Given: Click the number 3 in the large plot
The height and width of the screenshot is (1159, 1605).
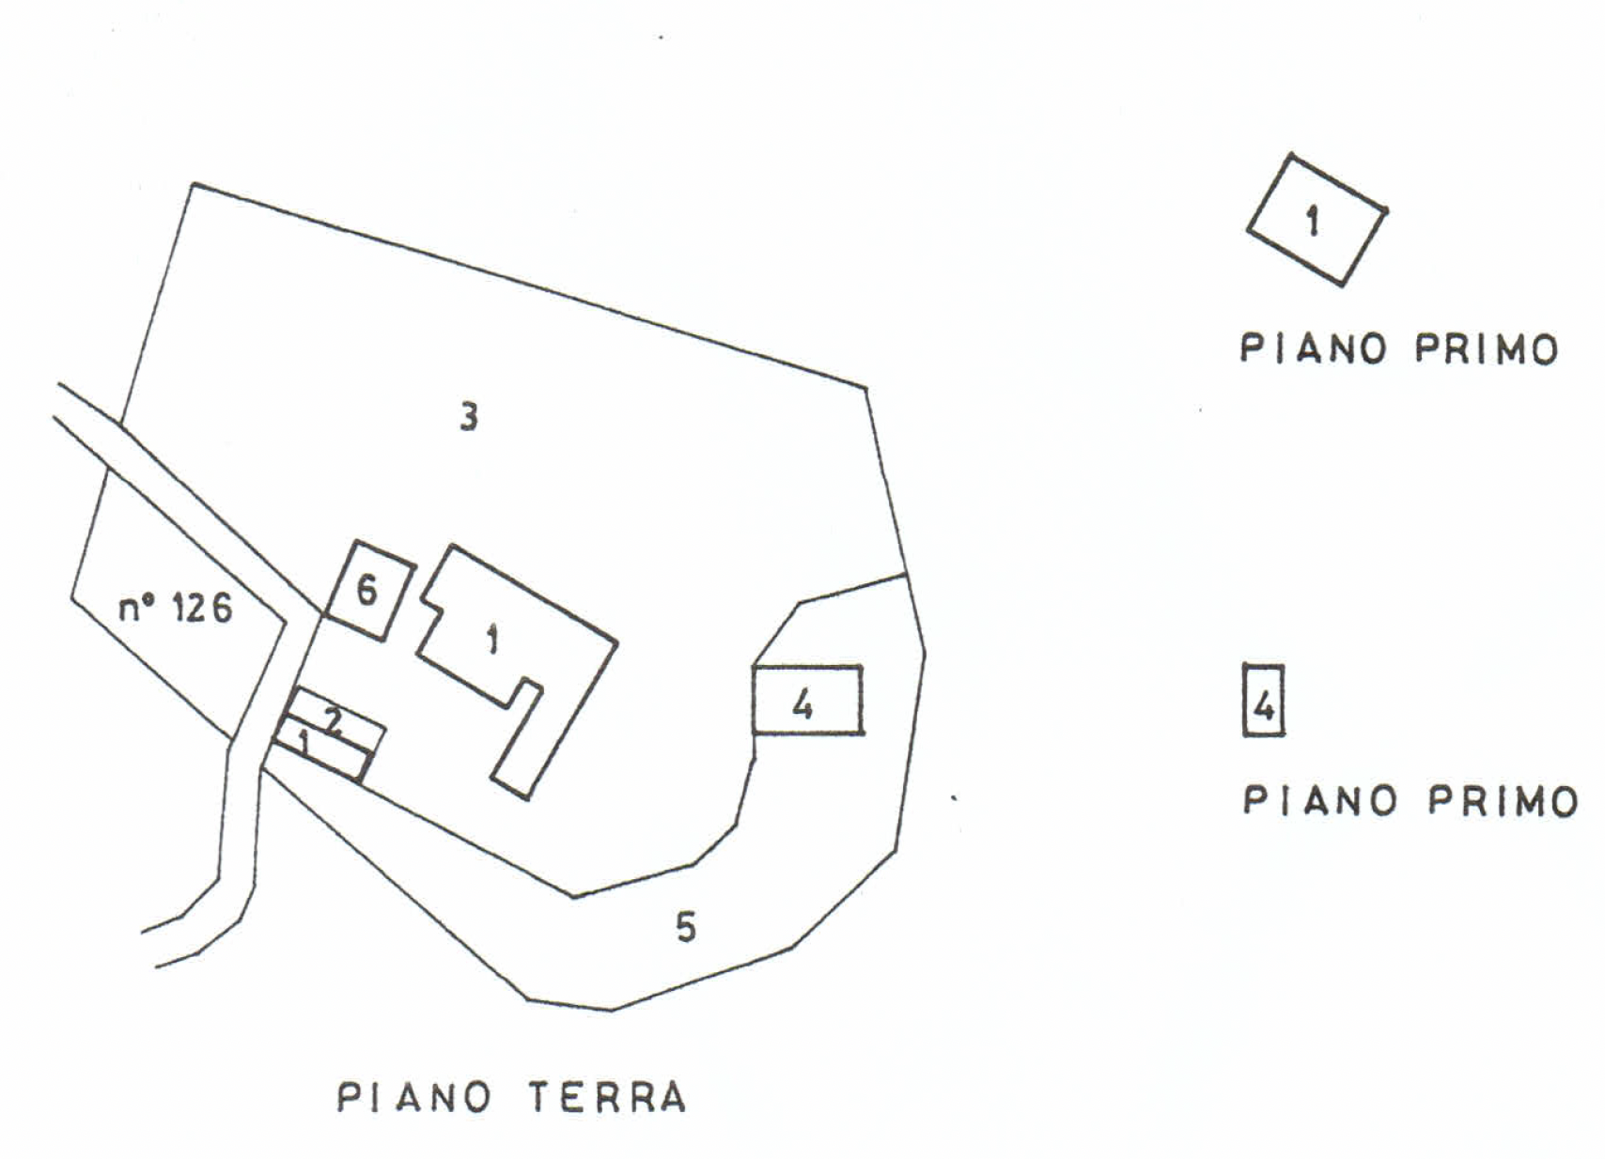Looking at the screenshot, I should click(x=468, y=416).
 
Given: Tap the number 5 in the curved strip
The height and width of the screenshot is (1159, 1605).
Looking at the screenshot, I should click(x=686, y=927).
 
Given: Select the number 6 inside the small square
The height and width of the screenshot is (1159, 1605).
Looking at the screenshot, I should click(x=366, y=591).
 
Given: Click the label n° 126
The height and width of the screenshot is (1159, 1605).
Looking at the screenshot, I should click(x=175, y=609).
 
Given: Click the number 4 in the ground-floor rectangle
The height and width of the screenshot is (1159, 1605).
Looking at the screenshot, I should click(x=802, y=703).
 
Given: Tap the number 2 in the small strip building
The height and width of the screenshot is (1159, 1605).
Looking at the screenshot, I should click(x=334, y=720).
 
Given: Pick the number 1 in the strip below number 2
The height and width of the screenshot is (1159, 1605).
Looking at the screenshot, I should click(x=304, y=743).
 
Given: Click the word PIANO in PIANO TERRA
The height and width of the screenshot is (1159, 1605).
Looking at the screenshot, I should click(x=413, y=1097).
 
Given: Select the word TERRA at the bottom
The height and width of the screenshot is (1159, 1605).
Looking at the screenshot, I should click(x=607, y=1097).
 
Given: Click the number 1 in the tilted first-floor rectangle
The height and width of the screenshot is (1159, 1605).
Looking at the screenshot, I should click(x=1313, y=222).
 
